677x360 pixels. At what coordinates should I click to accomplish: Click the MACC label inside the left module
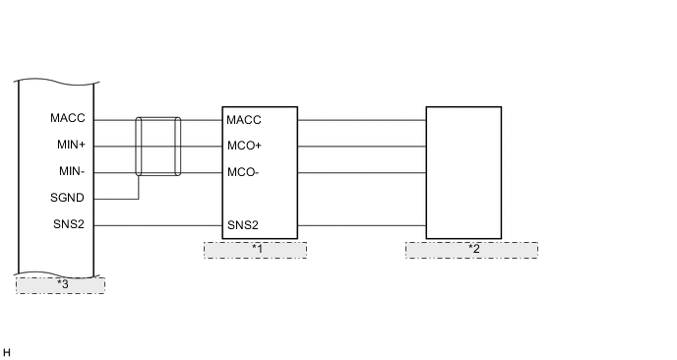[x=68, y=119]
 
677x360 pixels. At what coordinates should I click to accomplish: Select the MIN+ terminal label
[x=69, y=146]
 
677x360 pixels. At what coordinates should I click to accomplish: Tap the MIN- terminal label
[x=69, y=172]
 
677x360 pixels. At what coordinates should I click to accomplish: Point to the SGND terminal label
[x=68, y=199]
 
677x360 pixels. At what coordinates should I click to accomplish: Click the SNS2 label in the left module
[x=69, y=225]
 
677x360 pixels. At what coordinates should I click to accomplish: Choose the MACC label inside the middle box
[x=243, y=120]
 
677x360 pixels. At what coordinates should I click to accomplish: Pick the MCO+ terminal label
[x=243, y=147]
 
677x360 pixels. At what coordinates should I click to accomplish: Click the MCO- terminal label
[x=242, y=173]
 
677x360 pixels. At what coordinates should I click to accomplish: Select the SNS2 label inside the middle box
[x=243, y=225]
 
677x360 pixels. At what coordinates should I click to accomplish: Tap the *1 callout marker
[x=256, y=249]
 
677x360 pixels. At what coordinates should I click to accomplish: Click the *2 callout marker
[x=472, y=249]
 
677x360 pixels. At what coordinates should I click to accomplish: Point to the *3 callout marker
[x=61, y=285]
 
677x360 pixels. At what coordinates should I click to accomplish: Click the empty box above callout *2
[x=462, y=172]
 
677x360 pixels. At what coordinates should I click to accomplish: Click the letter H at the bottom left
[x=7, y=352]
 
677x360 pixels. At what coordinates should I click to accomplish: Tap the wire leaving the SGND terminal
[x=118, y=199]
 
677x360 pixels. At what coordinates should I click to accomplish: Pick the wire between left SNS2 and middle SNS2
[x=157, y=225]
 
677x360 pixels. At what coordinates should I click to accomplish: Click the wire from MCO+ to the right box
[x=361, y=147]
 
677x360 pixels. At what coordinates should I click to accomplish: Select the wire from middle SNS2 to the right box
[x=361, y=225]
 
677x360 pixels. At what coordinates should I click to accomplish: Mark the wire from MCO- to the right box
[x=361, y=173]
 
